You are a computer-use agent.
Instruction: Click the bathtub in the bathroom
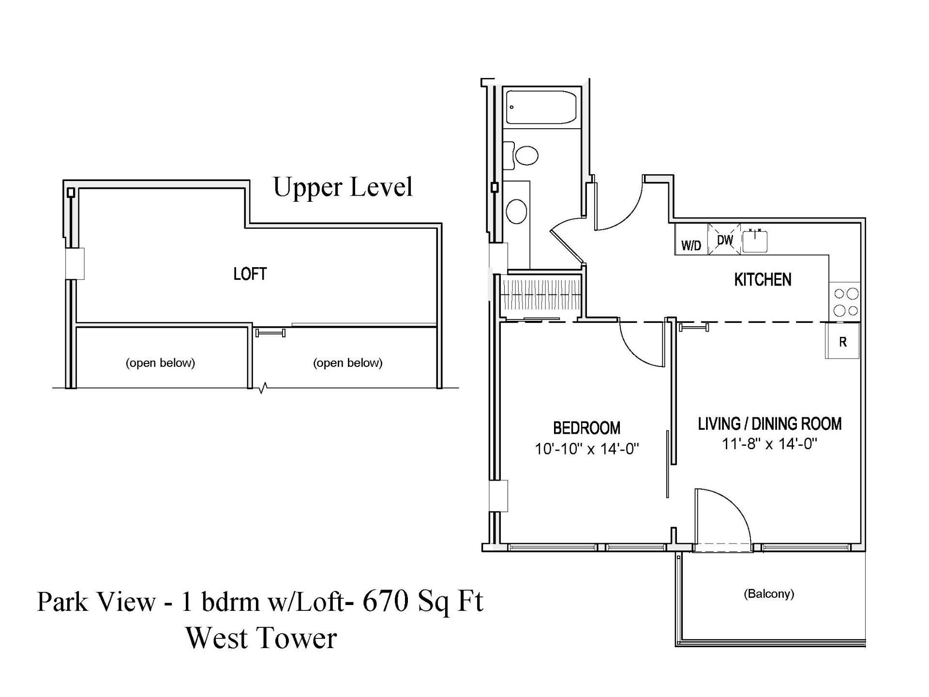541,107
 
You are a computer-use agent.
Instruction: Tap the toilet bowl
526,155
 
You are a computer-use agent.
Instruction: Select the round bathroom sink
516,211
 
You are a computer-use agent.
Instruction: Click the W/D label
691,245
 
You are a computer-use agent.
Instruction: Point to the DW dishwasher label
725,240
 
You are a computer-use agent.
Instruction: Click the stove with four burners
845,302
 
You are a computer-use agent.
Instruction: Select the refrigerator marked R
842,341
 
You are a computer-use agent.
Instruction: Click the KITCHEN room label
763,280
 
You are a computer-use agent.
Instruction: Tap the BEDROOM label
586,428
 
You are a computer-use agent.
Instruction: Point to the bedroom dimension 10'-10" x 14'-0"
586,449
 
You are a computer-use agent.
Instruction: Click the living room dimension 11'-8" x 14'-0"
769,444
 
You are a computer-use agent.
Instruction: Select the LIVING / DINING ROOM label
769,424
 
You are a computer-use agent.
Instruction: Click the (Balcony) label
769,594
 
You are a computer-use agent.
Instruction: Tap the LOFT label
250,274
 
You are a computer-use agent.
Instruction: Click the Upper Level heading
343,187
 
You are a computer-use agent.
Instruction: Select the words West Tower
261,638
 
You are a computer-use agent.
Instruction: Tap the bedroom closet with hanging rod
541,295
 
